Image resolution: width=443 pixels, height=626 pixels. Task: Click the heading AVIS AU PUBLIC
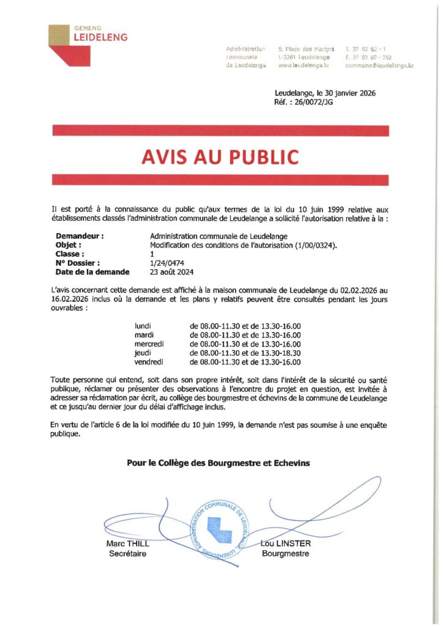tap(220, 157)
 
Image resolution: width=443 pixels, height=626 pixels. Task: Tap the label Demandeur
tap(80, 235)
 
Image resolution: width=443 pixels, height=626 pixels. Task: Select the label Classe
tap(70, 254)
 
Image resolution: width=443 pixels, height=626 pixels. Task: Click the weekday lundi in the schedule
tap(143, 326)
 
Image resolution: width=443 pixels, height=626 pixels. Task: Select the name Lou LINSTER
tap(285, 544)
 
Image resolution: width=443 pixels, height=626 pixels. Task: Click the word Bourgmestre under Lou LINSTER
tap(285, 554)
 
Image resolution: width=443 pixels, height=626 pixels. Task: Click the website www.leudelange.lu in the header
tap(303, 65)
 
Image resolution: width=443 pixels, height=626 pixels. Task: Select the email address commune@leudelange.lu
tap(379, 65)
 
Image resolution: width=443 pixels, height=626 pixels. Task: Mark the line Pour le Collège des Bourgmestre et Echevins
tap(218, 463)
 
